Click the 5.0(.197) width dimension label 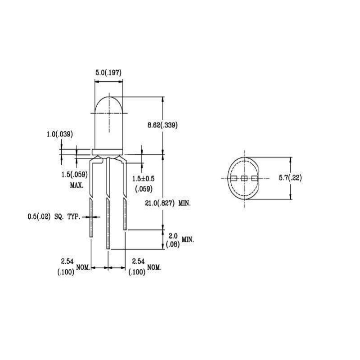[x=108, y=72]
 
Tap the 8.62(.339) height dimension [x=163, y=126]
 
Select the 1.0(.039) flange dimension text [x=60, y=134]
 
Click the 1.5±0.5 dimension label [x=143, y=179]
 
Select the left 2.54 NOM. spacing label [x=72, y=266]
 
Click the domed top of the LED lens [x=108, y=98]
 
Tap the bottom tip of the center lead [x=108, y=247]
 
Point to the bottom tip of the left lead [x=92, y=237]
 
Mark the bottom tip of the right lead [x=125, y=229]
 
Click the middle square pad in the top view [x=244, y=178]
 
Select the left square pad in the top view [x=234, y=178]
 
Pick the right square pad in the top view [x=255, y=178]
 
